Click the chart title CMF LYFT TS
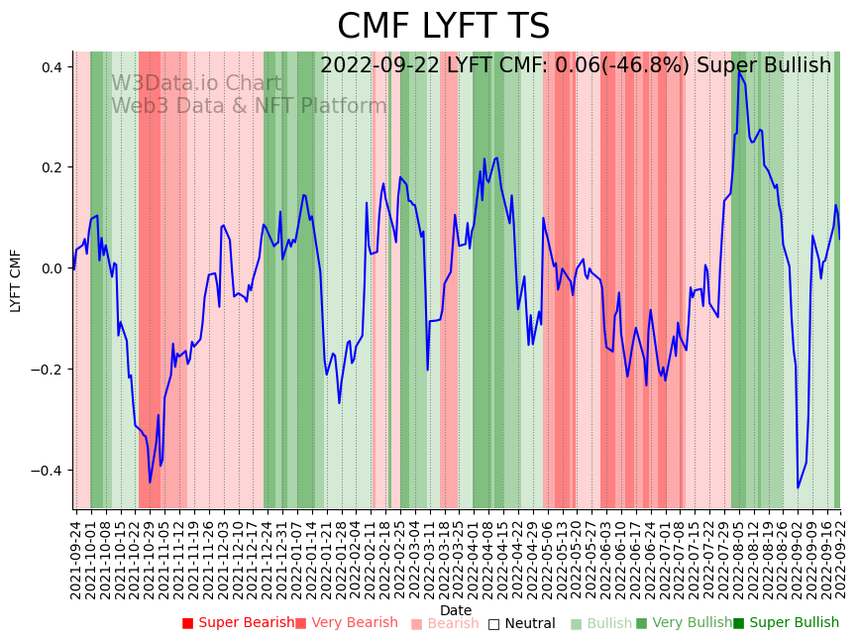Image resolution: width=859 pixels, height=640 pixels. pyautogui.click(x=443, y=27)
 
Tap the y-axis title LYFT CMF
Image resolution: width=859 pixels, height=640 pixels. pyautogui.click(x=16, y=280)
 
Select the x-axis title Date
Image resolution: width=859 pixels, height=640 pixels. pyautogui.click(x=456, y=610)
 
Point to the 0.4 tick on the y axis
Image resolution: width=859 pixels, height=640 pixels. pyautogui.click(x=52, y=67)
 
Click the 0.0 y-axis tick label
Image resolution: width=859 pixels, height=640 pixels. pyautogui.click(x=52, y=268)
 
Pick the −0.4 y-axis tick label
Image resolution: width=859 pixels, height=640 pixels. pyautogui.click(x=47, y=471)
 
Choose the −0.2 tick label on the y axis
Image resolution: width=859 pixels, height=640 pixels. pyautogui.click(x=47, y=370)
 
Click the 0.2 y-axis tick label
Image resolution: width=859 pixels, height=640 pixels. pyautogui.click(x=52, y=167)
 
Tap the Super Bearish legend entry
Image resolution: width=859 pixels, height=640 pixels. pyautogui.click(x=238, y=623)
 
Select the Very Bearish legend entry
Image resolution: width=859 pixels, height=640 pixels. pyautogui.click(x=346, y=623)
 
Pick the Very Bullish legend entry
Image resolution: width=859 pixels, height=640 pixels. pyautogui.click(x=684, y=623)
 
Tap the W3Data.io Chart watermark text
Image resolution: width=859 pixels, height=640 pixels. pyautogui.click(x=196, y=83)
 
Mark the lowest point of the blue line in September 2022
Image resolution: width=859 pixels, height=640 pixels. pyautogui.click(x=798, y=487)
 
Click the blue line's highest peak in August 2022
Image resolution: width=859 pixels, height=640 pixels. pyautogui.click(x=739, y=71)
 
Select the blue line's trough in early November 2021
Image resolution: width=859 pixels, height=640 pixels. pyautogui.click(x=151, y=482)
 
